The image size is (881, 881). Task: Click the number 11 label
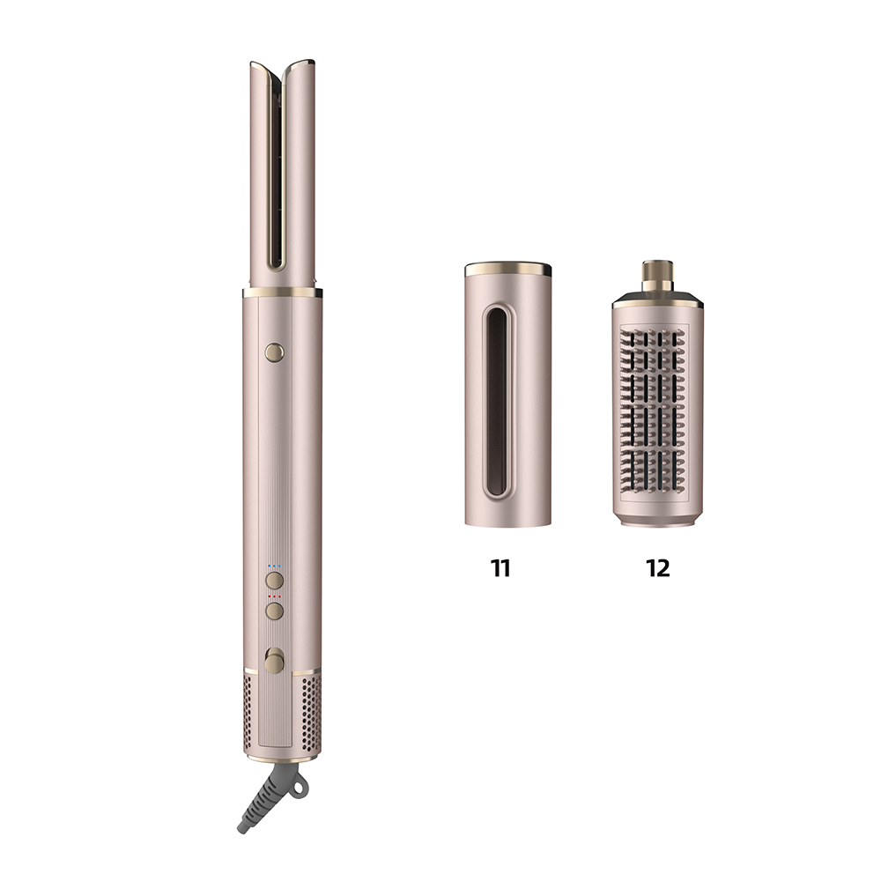click(x=500, y=568)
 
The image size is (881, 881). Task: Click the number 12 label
click(x=658, y=568)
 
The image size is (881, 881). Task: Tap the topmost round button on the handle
click(x=274, y=352)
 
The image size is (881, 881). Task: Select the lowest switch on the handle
click(x=274, y=660)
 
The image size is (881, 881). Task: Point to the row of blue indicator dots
click(x=274, y=566)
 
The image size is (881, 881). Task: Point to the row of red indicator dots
click(x=274, y=596)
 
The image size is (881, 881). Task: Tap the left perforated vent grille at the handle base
click(x=248, y=714)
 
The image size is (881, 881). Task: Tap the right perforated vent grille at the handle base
click(x=311, y=714)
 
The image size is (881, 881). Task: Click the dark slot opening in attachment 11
click(x=496, y=401)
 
